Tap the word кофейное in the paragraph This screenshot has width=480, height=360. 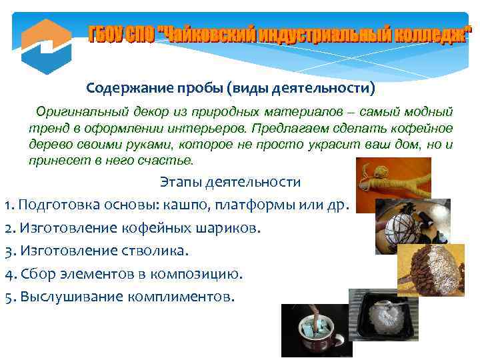click(x=423, y=127)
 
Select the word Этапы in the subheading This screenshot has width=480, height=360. click(x=179, y=181)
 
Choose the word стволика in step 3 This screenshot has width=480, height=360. click(x=161, y=251)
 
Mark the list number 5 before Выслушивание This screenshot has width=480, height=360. click(x=7, y=297)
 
